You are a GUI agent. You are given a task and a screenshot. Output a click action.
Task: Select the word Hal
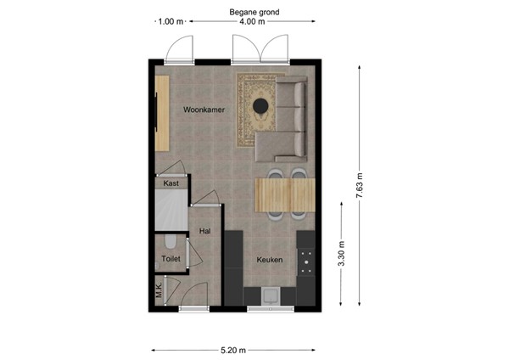(204, 230)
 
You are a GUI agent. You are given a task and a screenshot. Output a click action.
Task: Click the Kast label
(170, 183)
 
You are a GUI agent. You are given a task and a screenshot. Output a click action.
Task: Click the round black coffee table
(261, 105)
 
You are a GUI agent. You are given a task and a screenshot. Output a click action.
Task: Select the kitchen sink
(271, 295)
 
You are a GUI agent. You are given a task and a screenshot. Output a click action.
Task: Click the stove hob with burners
(305, 256)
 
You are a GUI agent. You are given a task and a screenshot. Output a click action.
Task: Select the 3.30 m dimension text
(341, 253)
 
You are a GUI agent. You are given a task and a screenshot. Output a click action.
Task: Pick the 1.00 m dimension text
(171, 22)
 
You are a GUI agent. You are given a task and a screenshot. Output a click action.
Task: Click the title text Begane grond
(255, 12)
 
